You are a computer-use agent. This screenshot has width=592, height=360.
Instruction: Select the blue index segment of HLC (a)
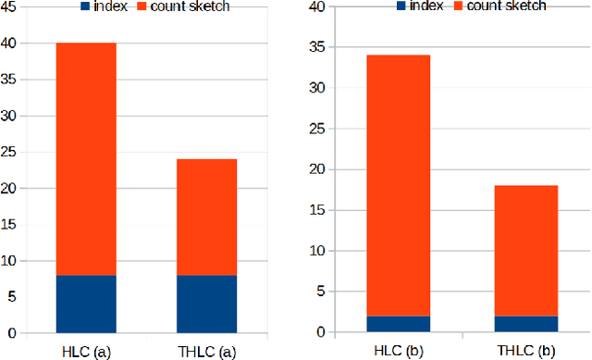point(86,304)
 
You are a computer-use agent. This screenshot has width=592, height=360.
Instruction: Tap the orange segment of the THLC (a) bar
point(206,217)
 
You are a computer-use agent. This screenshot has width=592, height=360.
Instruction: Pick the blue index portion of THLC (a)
point(206,304)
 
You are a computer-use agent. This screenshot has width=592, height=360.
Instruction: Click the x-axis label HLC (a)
point(86,351)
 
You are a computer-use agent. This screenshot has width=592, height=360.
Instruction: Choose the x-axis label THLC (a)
point(207,351)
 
